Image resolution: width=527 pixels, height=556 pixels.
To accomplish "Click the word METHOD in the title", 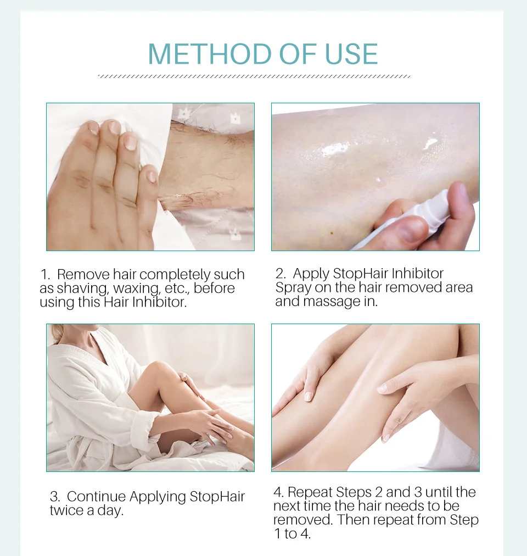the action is (210, 54).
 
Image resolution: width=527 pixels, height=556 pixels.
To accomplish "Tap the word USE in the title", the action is (351, 54).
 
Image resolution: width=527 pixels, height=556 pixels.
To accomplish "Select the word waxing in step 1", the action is (137, 289).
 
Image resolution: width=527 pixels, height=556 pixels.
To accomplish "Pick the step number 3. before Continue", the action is (55, 497).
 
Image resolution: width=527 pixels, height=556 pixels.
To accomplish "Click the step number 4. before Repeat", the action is (278, 492).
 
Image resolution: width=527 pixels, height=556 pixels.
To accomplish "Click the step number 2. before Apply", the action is (281, 274).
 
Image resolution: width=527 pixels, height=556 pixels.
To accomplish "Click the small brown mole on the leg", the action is (332, 233).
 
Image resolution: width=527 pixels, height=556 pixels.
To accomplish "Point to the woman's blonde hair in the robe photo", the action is (57, 333).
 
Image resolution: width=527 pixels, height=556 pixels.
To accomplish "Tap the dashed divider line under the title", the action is (254, 76).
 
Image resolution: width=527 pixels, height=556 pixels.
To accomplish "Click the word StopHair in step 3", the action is (217, 497).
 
